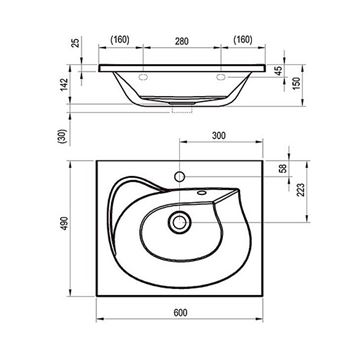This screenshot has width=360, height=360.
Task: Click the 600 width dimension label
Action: [180, 313]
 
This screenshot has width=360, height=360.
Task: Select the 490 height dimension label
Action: [64, 223]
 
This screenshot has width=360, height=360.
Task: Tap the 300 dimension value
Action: [219, 136]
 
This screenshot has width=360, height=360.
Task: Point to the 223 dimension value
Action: [301, 190]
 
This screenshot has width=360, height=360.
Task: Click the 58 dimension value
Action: [283, 168]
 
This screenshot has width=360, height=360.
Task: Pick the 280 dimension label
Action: [182, 41]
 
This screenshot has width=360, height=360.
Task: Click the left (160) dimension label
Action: [120, 40]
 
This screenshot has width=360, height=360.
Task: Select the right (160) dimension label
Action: [243, 40]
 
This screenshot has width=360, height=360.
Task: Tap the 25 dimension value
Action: [76, 43]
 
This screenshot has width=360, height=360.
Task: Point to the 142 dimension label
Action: [64, 85]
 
